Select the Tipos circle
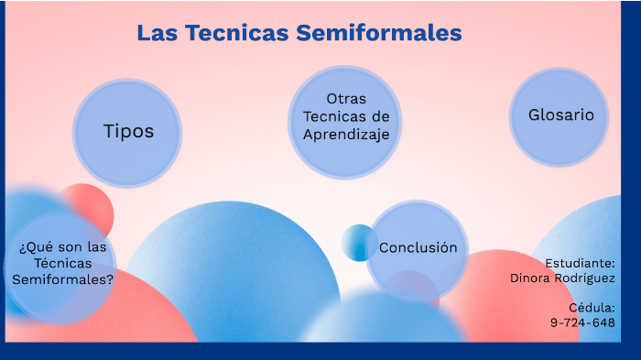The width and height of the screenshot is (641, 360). (127, 132)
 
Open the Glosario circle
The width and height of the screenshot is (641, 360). (560, 116)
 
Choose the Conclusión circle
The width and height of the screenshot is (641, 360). (418, 248)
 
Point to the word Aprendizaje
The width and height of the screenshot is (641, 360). (346, 134)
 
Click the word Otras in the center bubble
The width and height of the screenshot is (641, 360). (346, 99)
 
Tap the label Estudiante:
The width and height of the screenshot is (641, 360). (580, 263)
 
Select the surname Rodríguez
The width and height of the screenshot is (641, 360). (587, 278)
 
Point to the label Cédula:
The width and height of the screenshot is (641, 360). (591, 308)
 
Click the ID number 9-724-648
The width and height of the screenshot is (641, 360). (582, 322)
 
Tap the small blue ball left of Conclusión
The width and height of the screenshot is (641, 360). (358, 243)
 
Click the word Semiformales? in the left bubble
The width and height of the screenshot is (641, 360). (63, 280)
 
